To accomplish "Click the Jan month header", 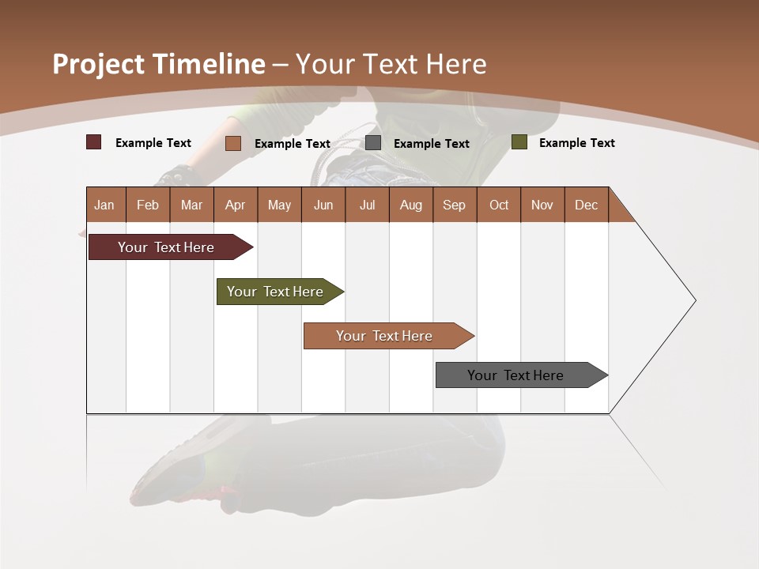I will [104, 205].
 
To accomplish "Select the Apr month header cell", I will [235, 205].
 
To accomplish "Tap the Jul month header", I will [367, 205].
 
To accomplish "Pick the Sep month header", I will [454, 205].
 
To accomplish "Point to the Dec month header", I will [586, 205].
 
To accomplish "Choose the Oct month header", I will [499, 205].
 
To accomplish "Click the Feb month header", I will [148, 205].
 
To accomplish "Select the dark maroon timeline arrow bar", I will [166, 247].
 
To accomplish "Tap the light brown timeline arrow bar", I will [384, 336].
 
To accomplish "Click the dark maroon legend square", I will [94, 142].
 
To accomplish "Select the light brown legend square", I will [233, 143].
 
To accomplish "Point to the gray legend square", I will [373, 142].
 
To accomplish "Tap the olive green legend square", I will [519, 142].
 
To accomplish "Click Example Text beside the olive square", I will [576, 143].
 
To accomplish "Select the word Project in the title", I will [99, 65].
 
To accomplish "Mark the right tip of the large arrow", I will [694, 300].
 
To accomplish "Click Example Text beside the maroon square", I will [153, 143].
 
